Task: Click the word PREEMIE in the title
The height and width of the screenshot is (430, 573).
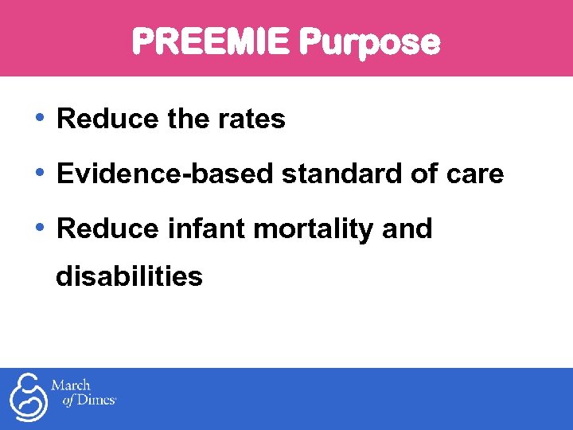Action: click(x=209, y=41)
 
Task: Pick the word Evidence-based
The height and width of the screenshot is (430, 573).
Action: click(x=165, y=174)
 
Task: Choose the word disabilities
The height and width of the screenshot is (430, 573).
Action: click(x=129, y=276)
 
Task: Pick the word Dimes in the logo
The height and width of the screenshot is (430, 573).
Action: click(x=95, y=401)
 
